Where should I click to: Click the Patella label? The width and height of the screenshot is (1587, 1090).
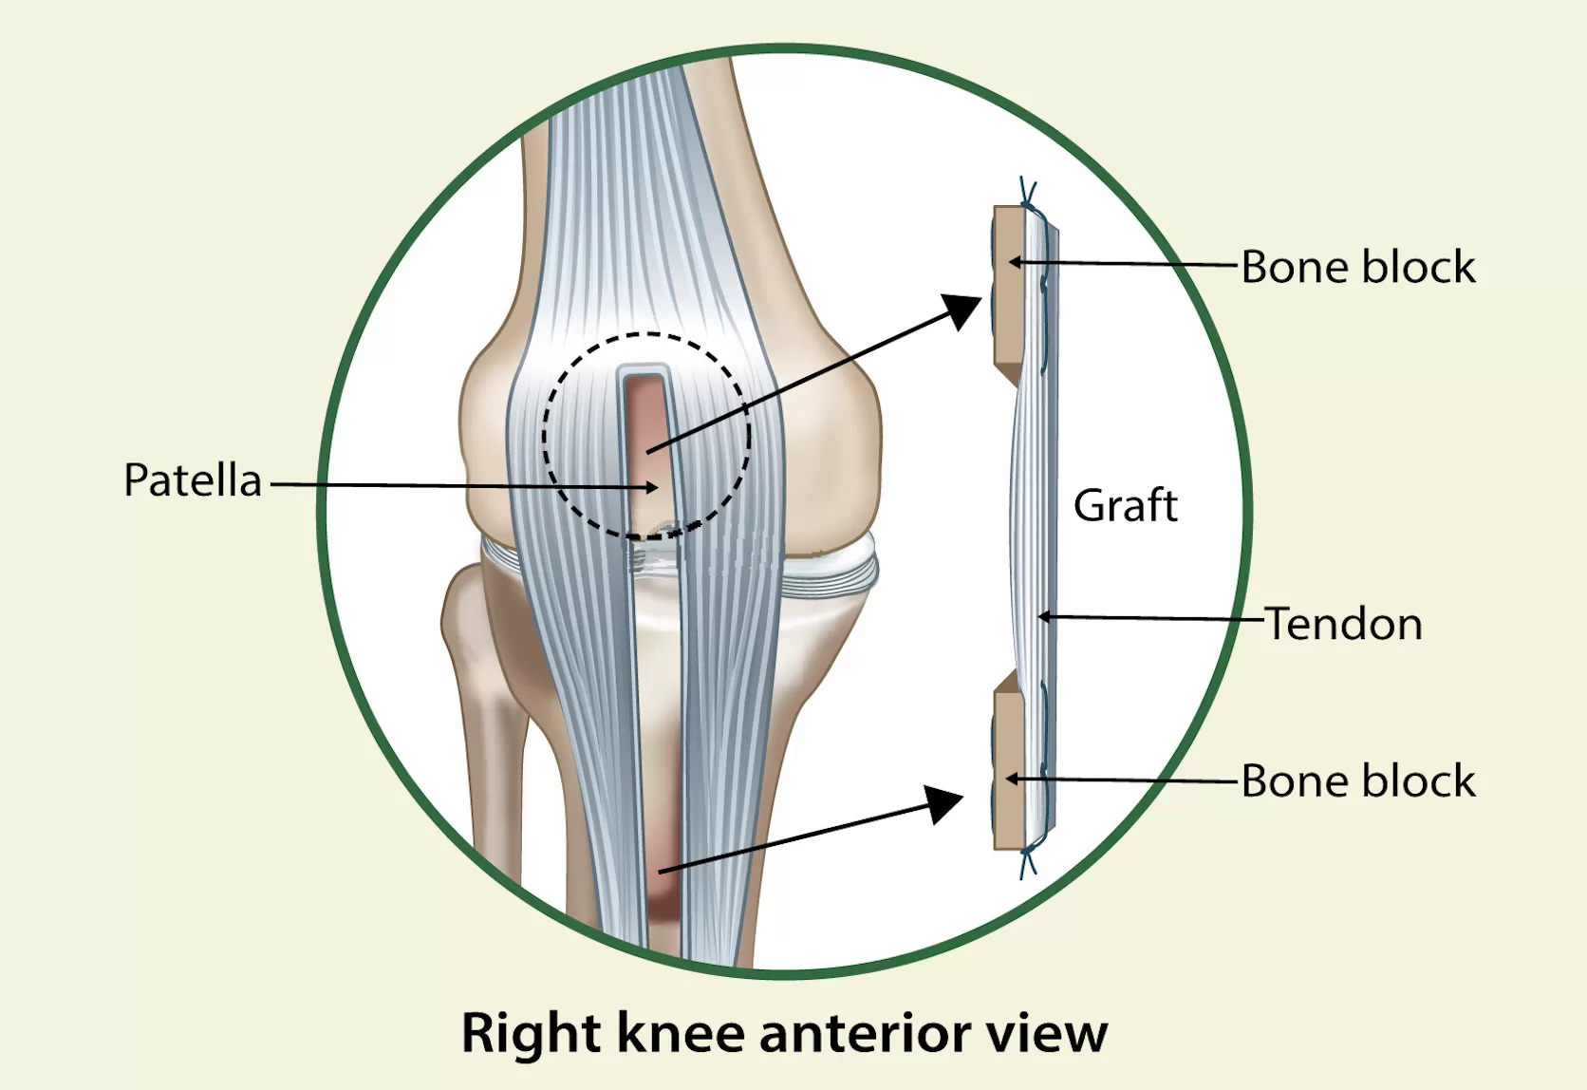193,480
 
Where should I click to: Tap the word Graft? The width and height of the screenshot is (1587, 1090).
1126,505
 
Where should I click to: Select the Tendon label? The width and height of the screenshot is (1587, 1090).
1344,625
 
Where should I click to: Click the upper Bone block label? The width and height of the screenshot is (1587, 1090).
1358,267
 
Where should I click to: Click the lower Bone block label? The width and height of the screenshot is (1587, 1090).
1358,781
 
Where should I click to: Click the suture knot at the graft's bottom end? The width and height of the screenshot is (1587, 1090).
1028,862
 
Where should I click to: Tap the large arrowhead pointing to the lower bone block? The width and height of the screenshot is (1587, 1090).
944,803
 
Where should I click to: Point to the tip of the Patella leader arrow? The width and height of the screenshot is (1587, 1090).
658,487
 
